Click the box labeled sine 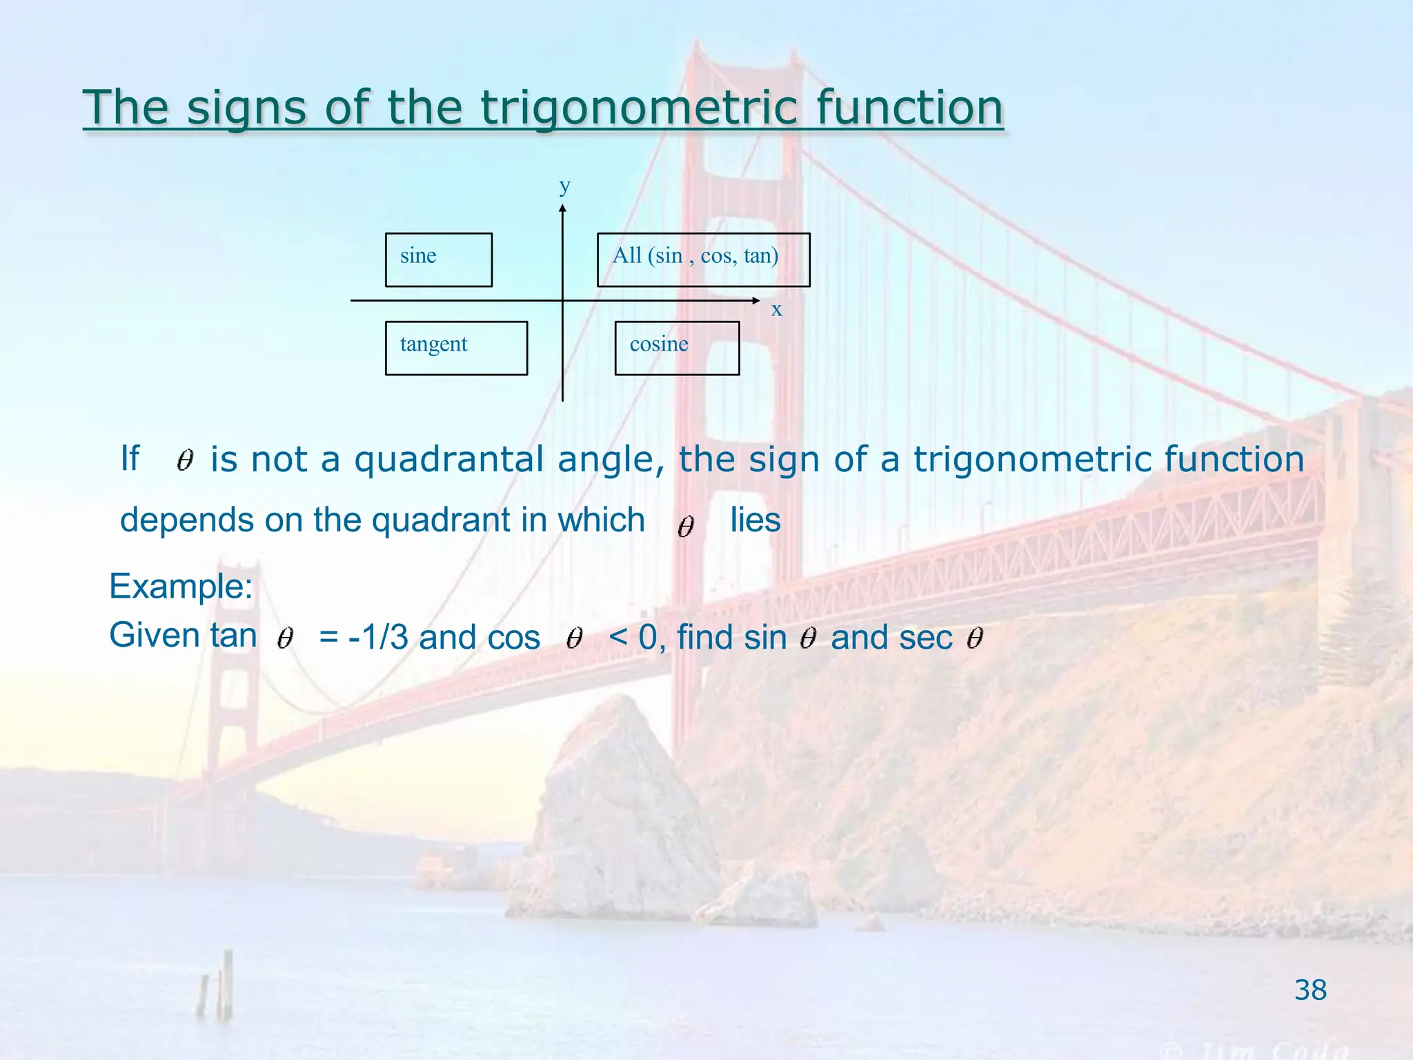pyautogui.click(x=438, y=259)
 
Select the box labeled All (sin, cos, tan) pyautogui.click(x=703, y=259)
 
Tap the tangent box pyautogui.click(x=456, y=348)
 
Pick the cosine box pyautogui.click(x=677, y=348)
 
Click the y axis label pyautogui.click(x=564, y=186)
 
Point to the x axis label pyautogui.click(x=776, y=310)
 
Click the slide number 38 pyautogui.click(x=1310, y=990)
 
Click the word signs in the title pyautogui.click(x=246, y=108)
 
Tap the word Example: pyautogui.click(x=181, y=587)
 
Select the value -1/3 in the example pyautogui.click(x=378, y=637)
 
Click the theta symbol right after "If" pyautogui.click(x=184, y=460)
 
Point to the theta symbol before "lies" pyautogui.click(x=685, y=527)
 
